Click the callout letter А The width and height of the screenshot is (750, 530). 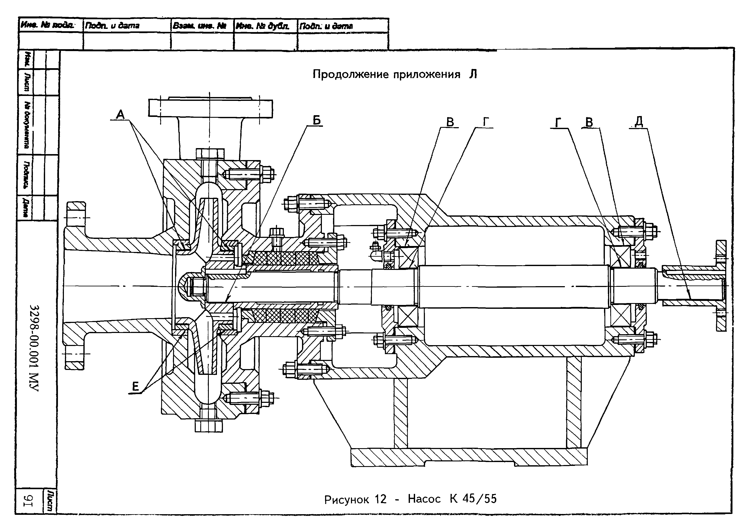121,115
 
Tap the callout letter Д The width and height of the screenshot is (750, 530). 639,122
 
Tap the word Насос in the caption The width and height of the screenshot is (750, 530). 424,499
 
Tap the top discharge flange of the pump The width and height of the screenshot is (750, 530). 210,108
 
